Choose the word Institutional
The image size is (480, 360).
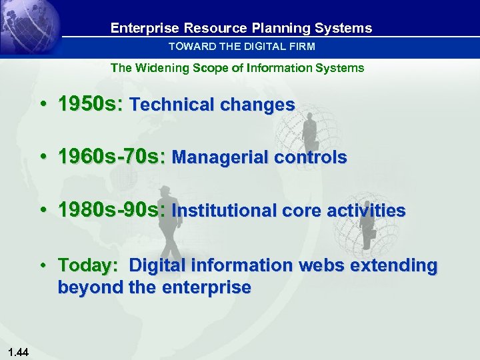click(x=224, y=211)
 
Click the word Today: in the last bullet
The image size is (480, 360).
click(x=89, y=265)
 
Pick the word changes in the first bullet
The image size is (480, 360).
click(x=265, y=105)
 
